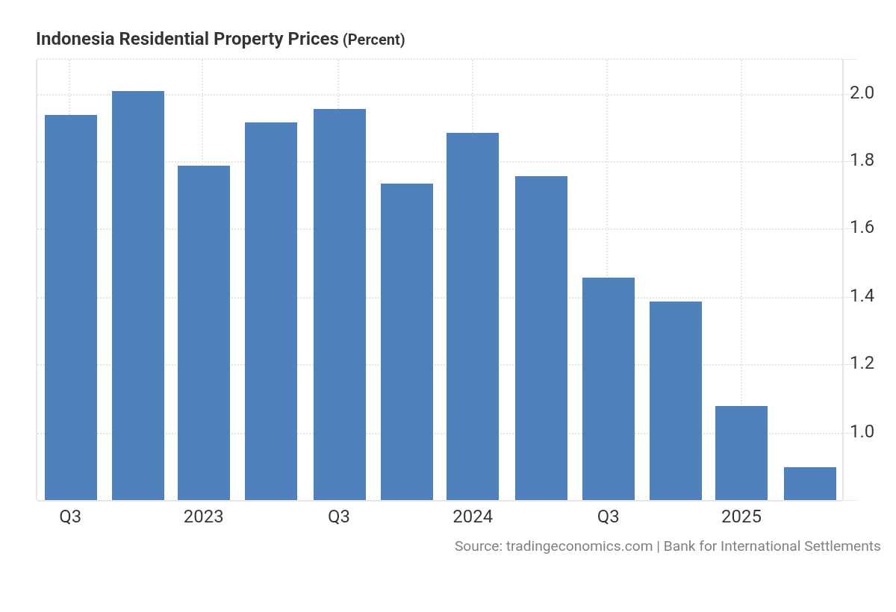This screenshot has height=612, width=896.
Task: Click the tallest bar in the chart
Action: coord(138,295)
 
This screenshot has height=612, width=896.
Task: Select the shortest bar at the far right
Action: coord(810,484)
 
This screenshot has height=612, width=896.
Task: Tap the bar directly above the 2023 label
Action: coord(204,332)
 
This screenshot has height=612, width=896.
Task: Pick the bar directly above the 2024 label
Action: coord(473,316)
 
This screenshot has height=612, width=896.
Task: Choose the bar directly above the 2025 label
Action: coord(741,453)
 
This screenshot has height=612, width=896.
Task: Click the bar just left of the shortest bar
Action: coord(741,453)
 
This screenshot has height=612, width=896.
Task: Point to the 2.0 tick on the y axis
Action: coord(862,93)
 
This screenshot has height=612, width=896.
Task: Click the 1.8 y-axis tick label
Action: coord(862,160)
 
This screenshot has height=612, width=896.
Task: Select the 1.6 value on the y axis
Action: coord(862,228)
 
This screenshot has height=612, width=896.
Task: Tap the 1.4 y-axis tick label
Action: coord(862,296)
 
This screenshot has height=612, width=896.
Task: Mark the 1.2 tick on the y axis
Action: coord(862,363)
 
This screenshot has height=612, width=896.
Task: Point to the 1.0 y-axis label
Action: coord(862,432)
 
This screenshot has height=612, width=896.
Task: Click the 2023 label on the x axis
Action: coord(203,516)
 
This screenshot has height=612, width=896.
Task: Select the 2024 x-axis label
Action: coord(472,516)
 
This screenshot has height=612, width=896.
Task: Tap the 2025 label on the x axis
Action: coord(741,516)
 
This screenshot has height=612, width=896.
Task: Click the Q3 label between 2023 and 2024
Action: coord(339,516)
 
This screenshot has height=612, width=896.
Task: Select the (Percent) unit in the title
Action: coord(373,40)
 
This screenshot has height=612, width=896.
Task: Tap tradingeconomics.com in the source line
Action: coord(579,546)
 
